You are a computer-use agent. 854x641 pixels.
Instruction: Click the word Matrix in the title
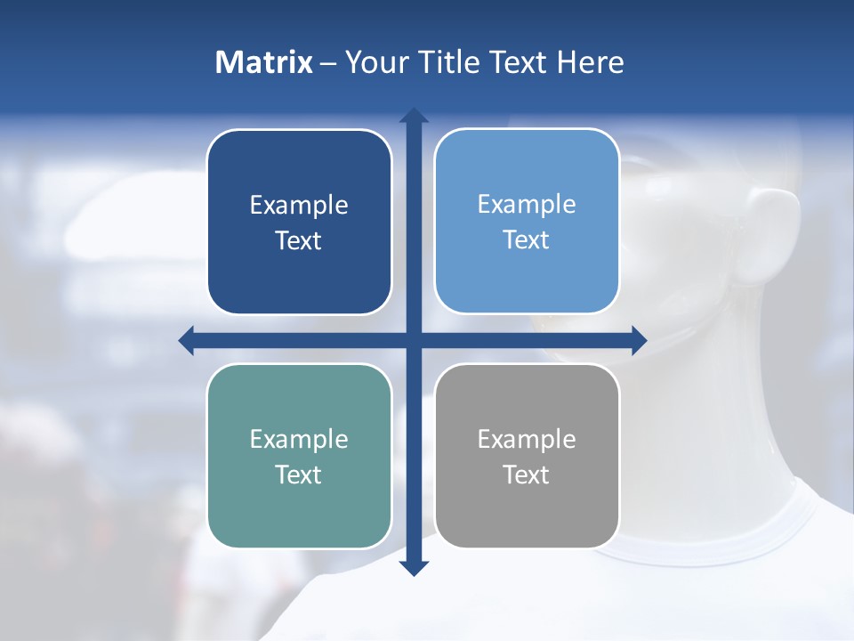(x=264, y=62)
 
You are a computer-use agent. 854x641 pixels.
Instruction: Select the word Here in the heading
(x=590, y=62)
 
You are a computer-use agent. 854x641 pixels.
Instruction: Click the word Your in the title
(x=376, y=62)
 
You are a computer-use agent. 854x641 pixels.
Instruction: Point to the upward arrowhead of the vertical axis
(x=414, y=115)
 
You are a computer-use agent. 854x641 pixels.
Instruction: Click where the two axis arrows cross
(x=414, y=340)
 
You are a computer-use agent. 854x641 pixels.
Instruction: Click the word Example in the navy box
(x=299, y=206)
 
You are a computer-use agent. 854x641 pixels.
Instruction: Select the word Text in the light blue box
(x=527, y=240)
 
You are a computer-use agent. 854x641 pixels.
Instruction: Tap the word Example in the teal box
(x=299, y=440)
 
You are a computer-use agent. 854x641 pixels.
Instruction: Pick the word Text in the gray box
(x=527, y=475)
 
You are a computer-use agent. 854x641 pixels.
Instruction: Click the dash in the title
(x=328, y=63)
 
